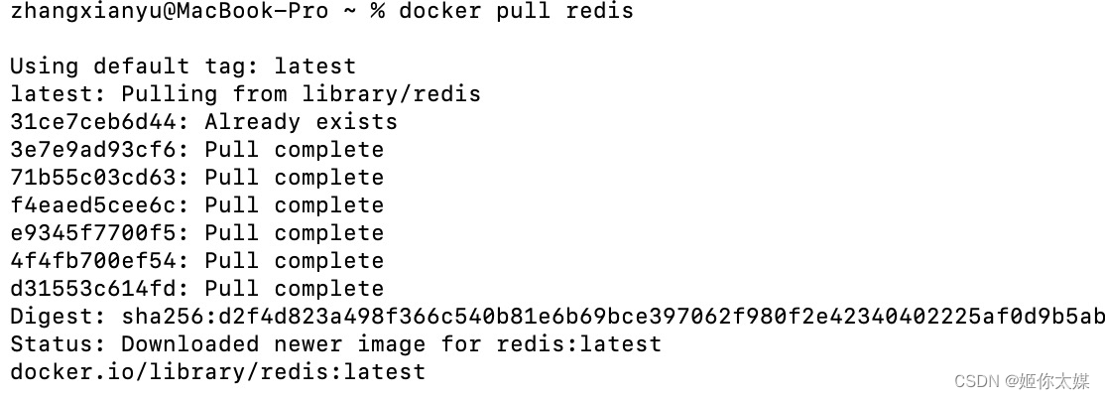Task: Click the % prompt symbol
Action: point(377,12)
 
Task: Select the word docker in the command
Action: point(439,12)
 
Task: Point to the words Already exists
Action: point(302,122)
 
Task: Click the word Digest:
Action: point(59,317)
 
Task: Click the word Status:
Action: point(59,344)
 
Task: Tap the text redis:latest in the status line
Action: point(578,344)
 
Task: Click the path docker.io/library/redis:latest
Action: point(217,372)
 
